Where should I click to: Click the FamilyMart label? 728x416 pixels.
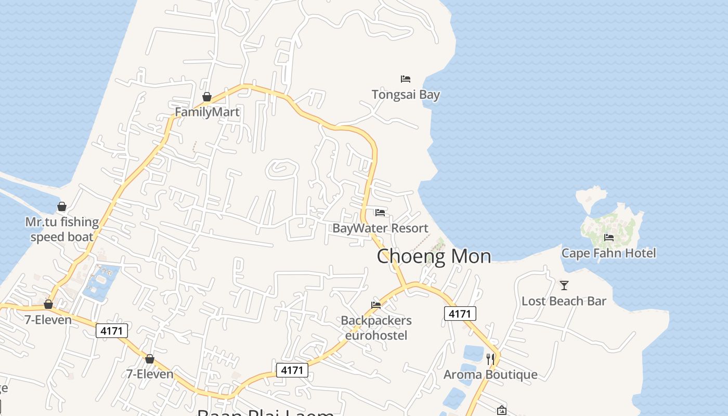[207, 112]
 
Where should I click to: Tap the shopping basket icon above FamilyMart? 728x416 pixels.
[207, 97]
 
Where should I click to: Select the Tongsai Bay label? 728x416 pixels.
[406, 95]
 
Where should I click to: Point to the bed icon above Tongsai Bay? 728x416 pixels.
[406, 79]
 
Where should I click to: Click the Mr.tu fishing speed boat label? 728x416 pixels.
[62, 229]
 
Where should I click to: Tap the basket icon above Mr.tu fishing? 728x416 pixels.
[62, 206]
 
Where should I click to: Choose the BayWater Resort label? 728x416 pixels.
[380, 228]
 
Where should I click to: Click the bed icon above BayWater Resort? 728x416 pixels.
[380, 213]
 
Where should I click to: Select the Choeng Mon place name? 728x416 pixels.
[434, 256]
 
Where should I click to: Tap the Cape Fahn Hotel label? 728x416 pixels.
[608, 253]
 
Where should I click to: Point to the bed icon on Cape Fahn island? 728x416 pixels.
[609, 238]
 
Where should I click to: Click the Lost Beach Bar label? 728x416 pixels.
[564, 301]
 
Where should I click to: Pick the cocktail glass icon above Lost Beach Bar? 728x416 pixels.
[564, 285]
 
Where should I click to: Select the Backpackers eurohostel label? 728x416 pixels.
[376, 328]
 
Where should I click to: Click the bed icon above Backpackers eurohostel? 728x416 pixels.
[376, 305]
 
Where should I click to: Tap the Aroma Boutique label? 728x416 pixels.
[490, 374]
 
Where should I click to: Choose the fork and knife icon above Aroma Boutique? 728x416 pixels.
[490, 359]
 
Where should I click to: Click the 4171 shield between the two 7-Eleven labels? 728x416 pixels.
[112, 330]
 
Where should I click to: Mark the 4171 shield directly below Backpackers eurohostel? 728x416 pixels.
[292, 370]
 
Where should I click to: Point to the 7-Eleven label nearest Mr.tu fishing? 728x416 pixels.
[48, 320]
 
